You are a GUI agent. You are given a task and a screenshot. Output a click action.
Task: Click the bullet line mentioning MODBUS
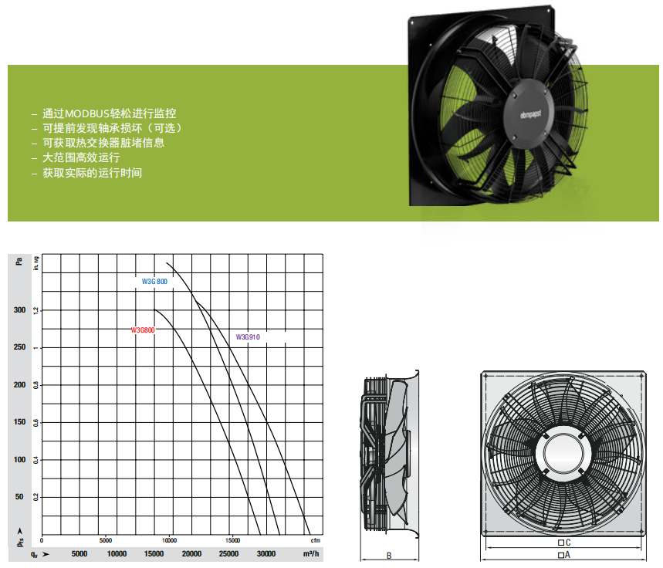pos(109,113)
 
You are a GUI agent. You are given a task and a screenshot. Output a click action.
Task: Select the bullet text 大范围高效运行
pos(81,157)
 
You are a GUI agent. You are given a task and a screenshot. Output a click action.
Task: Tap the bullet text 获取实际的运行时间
pos(92,173)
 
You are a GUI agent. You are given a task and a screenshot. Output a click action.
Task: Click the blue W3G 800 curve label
pos(154,282)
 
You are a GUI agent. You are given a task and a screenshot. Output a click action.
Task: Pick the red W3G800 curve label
pos(143,330)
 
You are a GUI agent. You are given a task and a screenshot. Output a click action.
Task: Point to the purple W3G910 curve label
pos(248,337)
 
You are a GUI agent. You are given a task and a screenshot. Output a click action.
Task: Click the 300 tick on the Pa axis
pos(19,310)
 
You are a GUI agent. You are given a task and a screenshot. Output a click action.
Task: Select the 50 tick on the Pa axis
pos(19,496)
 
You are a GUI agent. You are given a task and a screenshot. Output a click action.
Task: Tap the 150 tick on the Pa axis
pos(19,422)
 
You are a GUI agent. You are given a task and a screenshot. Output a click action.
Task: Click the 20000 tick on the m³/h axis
pos(191,553)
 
